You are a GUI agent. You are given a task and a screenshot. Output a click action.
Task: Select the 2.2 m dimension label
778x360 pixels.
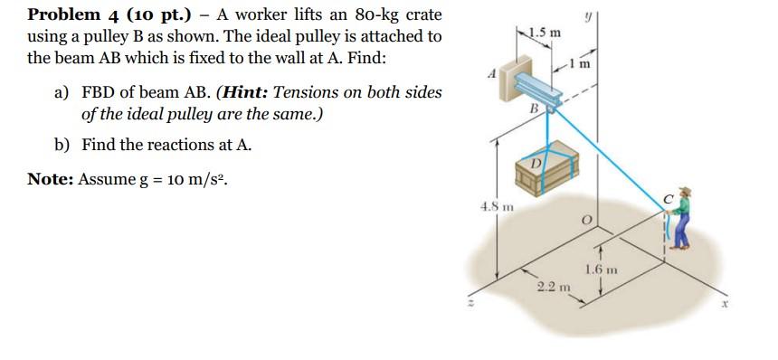(549, 287)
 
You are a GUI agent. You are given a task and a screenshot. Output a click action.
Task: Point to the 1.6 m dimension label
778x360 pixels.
(601, 269)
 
